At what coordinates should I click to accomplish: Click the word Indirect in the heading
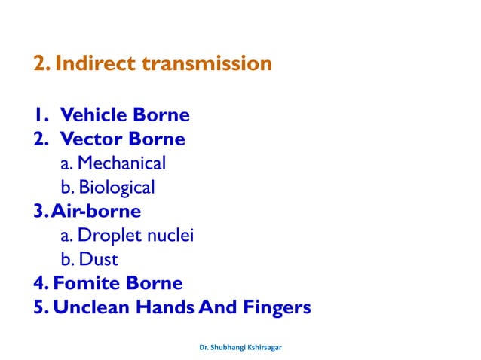tap(91, 64)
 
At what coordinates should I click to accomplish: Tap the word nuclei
tap(171, 236)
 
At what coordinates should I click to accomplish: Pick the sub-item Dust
tap(98, 260)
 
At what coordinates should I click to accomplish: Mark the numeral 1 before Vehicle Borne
tap(38, 115)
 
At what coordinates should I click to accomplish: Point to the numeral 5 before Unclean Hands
tap(38, 308)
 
